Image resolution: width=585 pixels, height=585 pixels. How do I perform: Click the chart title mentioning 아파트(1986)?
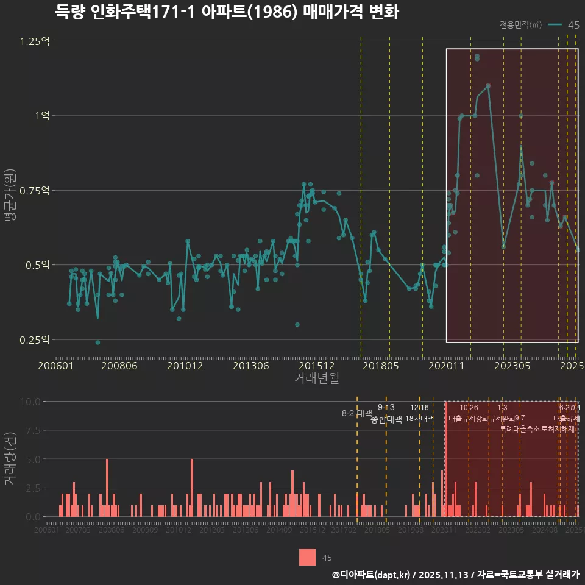226,12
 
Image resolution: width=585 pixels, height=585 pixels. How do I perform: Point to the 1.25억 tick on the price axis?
36,41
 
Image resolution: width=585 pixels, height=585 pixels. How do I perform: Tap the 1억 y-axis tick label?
42,116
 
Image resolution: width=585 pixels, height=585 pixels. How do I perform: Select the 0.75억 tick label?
36,190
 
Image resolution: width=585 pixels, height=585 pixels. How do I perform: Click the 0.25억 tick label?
36,339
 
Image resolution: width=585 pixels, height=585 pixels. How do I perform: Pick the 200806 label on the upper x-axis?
119,366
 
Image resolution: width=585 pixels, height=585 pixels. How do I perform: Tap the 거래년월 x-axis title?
316,378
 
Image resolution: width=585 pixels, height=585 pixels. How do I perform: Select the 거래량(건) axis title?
10,458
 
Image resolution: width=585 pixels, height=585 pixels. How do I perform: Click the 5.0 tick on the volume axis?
32,459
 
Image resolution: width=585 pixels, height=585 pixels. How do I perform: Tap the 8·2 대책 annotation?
356,413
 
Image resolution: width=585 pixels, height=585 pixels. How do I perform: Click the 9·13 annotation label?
386,408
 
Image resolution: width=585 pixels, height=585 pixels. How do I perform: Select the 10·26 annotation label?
469,408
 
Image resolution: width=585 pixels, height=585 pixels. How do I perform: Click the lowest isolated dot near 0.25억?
97,342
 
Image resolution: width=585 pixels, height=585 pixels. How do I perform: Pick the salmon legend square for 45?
308,557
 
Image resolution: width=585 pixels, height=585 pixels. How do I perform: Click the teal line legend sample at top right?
555,25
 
